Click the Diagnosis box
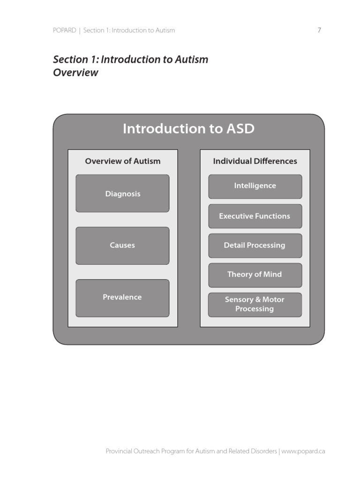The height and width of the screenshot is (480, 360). [x=122, y=194]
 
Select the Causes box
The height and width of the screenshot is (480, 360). [x=122, y=245]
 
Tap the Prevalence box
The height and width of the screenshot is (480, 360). [x=122, y=297]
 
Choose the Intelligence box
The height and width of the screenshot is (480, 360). [x=255, y=186]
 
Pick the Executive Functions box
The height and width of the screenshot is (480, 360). [x=255, y=216]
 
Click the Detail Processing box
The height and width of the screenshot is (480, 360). [x=255, y=245]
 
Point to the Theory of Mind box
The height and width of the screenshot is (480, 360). [x=255, y=275]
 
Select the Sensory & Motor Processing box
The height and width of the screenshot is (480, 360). [x=255, y=304]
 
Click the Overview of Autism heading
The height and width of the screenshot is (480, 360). [x=122, y=161]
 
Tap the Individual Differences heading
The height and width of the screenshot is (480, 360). [x=255, y=161]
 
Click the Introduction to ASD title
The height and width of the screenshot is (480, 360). [x=188, y=128]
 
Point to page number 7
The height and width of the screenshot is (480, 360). [x=319, y=30]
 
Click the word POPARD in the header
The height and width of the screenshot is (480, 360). [x=64, y=30]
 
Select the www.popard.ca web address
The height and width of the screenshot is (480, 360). [x=303, y=451]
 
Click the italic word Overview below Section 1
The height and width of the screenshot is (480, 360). [x=75, y=73]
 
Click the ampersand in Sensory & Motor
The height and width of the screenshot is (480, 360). [x=257, y=300]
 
